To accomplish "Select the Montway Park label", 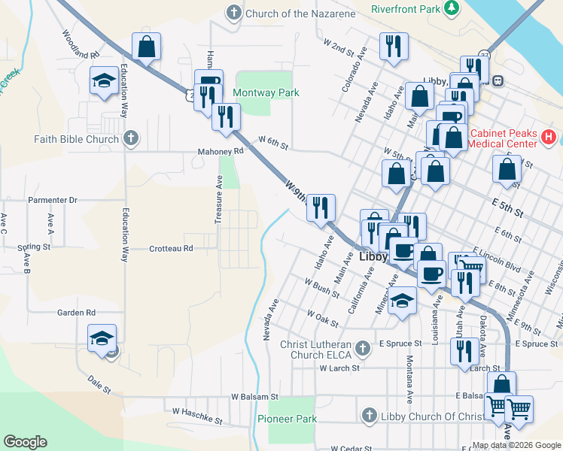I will click(266, 93).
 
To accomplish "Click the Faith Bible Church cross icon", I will click(131, 138).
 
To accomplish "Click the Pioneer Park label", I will click(287, 419).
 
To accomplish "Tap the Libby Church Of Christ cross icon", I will click(369, 416).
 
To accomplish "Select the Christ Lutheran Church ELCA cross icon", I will click(364, 349).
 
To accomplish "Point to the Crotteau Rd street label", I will click(171, 248).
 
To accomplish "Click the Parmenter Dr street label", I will click(53, 201).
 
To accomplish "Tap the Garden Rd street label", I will click(77, 312).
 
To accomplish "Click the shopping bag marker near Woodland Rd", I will click(147, 46).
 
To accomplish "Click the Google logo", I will click(25, 442).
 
